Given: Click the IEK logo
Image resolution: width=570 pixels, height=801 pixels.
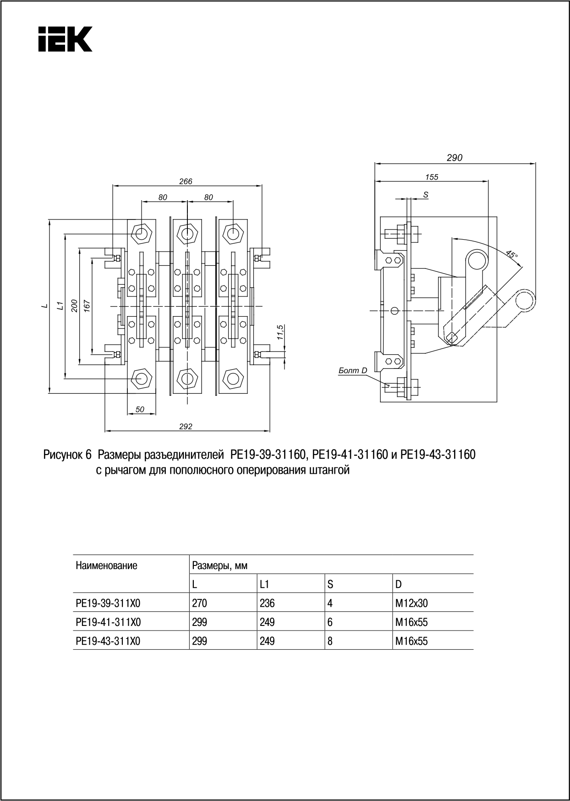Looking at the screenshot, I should (65, 39).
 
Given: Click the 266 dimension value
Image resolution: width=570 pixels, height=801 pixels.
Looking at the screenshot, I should (186, 181).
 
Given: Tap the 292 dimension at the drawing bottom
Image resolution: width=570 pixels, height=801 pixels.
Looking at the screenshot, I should (186, 427).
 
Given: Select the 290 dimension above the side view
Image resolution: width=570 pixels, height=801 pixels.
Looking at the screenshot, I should (455, 158).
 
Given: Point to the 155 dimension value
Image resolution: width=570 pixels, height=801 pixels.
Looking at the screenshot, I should (432, 177).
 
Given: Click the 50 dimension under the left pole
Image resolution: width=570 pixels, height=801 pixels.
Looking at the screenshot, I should (140, 410).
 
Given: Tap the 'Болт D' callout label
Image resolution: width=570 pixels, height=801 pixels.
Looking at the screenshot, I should (353, 370).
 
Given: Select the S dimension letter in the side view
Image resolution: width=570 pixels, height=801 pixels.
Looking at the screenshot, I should (426, 195).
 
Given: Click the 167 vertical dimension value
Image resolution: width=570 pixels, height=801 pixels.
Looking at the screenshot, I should (87, 306).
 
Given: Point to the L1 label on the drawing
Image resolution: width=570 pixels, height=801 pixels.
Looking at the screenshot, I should (59, 306).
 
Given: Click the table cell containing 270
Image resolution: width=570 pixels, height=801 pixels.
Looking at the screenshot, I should (199, 603).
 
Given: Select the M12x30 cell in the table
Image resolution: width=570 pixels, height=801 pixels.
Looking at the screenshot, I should (411, 603).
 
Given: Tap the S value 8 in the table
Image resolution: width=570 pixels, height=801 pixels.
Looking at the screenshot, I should (330, 641).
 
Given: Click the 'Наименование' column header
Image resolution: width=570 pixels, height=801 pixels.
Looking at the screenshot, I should (106, 565).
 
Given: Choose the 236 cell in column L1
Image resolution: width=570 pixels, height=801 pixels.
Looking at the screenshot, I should (267, 603).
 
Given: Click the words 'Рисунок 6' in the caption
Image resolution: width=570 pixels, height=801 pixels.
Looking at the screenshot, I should (69, 455).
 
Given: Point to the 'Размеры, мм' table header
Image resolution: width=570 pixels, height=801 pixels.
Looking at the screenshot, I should (220, 565).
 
